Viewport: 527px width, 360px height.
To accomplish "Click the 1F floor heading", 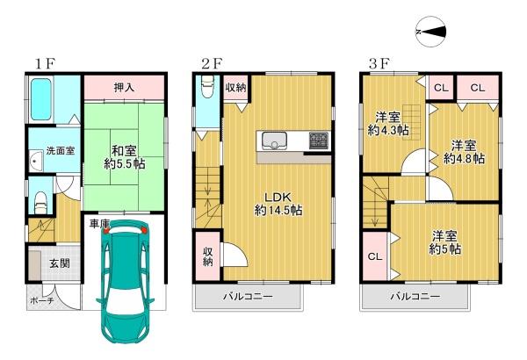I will click(46, 63).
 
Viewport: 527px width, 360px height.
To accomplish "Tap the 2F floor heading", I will click(212, 63).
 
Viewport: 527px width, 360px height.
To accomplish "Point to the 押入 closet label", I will click(125, 87).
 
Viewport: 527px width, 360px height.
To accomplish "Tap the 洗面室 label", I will click(60, 150).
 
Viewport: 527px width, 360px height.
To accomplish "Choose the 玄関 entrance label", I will click(60, 264).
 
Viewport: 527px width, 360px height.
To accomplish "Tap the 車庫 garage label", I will click(99, 225).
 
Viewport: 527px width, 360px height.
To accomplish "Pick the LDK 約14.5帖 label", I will click(278, 204).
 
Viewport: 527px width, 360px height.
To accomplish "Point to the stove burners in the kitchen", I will click(316, 140).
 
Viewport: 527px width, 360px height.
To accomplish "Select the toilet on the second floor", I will click(206, 89).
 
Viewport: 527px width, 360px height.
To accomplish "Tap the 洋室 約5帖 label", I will click(445, 241).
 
